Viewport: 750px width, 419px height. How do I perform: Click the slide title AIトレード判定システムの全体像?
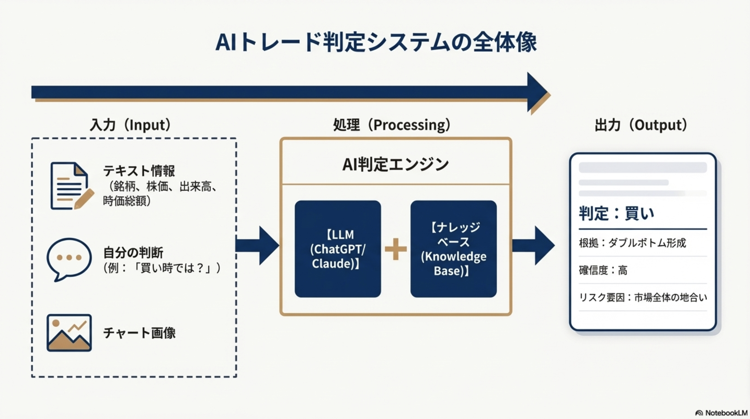coord(376,42)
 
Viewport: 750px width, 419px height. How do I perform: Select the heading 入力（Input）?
coord(130,125)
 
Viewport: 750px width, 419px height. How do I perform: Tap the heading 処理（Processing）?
coord(392,125)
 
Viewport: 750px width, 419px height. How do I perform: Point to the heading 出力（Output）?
coord(641,125)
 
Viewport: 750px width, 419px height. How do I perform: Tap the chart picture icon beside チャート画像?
coord(69,333)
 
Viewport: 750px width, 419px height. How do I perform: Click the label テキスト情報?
coord(139,170)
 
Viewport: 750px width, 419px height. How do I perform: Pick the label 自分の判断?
coord(133,253)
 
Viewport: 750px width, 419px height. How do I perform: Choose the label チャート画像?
coord(140,333)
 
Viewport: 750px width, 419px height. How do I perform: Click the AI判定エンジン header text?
coord(396,164)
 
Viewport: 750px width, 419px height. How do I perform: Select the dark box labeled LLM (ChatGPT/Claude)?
coord(338,249)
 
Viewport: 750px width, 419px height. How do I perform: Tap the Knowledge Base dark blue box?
coord(453,249)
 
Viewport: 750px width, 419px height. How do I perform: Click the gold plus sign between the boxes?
coord(396,249)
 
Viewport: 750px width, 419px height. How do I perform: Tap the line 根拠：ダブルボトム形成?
coord(632,243)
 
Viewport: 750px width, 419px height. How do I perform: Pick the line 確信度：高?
coord(603,270)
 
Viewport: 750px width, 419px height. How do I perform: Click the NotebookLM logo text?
coord(725,413)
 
